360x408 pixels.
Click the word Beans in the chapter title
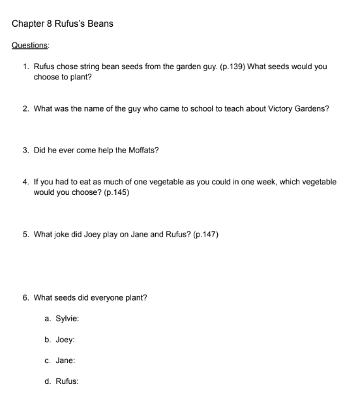pos(98,24)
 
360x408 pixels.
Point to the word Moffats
pos(143,151)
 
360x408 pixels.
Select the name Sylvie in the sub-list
pos(67,319)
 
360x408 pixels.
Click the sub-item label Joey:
pos(65,340)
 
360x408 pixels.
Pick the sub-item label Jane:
pos(66,360)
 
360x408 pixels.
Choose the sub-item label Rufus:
pos(67,381)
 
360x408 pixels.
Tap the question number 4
pos(25,182)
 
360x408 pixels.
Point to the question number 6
pos(25,298)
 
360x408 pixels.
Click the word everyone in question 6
pos(112,298)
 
